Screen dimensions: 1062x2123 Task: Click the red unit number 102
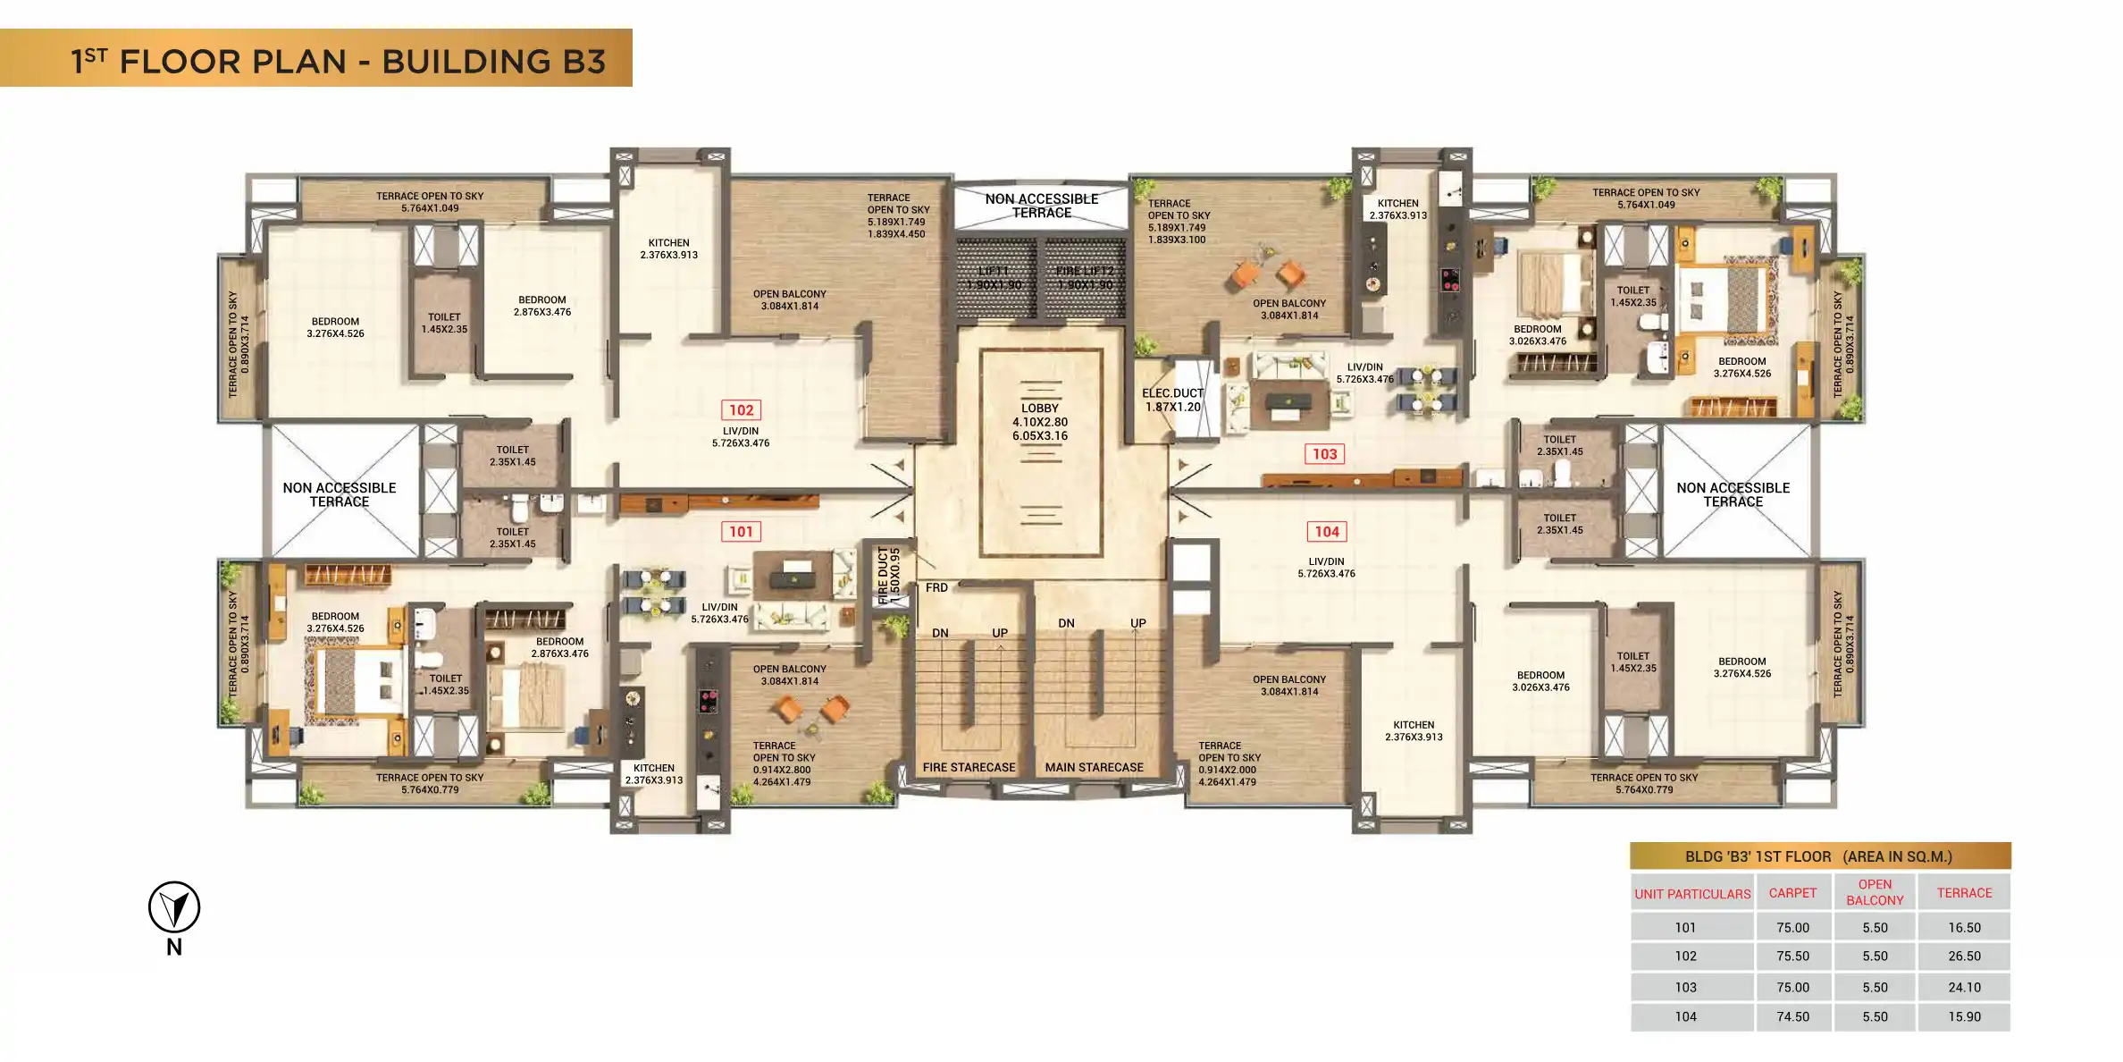point(741,410)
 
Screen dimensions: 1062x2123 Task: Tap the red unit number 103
point(1324,454)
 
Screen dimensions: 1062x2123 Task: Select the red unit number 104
point(1327,532)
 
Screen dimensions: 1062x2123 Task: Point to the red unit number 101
point(741,532)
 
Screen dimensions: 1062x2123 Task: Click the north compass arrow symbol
point(174,907)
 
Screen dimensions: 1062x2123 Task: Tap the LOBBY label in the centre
point(1039,409)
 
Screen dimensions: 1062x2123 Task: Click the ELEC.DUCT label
point(1172,393)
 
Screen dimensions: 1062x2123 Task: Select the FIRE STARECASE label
point(969,768)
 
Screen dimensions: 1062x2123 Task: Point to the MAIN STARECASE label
point(1094,768)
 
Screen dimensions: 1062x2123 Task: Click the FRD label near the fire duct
point(936,588)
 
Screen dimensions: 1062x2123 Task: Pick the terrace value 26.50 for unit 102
point(1964,957)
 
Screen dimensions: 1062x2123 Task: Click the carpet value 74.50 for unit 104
point(1792,1017)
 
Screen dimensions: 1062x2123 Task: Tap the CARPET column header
point(1792,893)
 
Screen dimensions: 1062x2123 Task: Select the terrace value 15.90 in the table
point(1964,1017)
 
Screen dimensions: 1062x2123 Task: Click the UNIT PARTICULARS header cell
point(1692,894)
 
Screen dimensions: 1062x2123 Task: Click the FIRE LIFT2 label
point(1085,271)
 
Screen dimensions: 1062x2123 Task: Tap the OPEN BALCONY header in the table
point(1875,892)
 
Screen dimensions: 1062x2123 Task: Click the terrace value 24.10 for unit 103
point(1964,988)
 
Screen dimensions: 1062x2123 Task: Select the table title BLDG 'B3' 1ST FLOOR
point(1758,856)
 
